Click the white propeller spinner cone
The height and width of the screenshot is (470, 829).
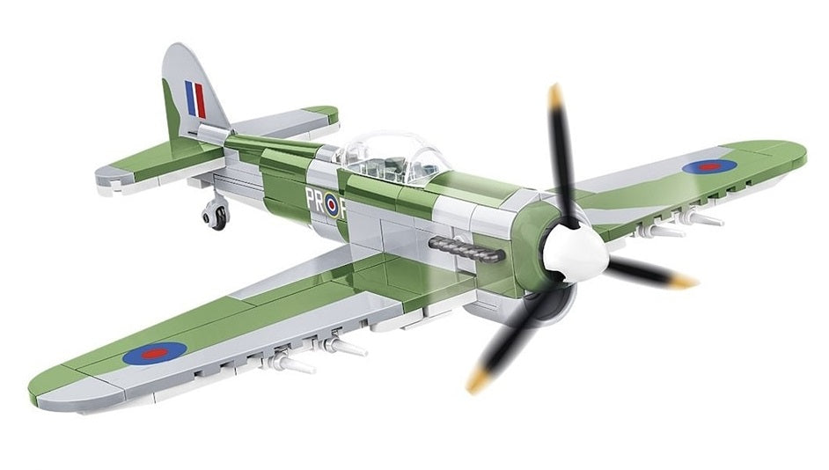point(576,253)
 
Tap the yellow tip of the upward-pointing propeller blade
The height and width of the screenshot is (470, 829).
point(555,94)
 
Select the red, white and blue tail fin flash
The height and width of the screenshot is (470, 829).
point(195,99)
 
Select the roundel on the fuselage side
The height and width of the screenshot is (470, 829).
point(332,205)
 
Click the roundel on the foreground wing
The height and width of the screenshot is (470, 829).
point(155,353)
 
